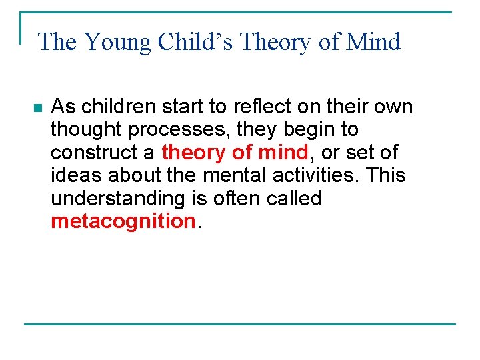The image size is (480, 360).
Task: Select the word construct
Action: pyautogui.click(x=94, y=153)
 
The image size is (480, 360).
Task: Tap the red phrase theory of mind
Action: pyautogui.click(x=235, y=153)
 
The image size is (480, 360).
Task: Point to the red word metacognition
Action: pyautogui.click(x=123, y=221)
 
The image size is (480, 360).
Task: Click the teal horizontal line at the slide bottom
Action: pyautogui.click(x=240, y=324)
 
